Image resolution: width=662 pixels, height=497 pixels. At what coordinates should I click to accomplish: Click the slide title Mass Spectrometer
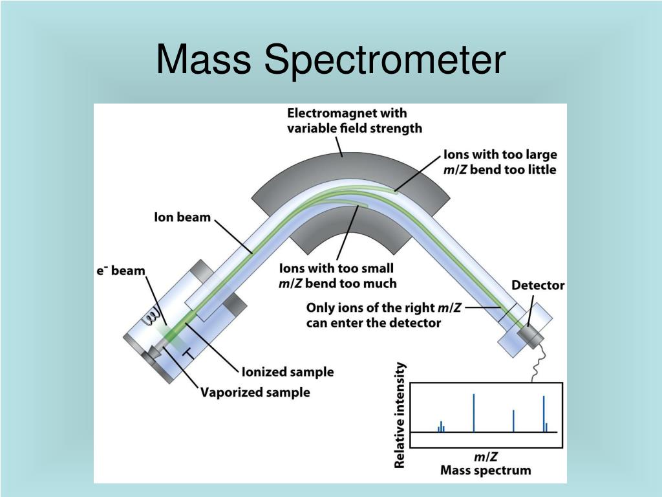(x=330, y=60)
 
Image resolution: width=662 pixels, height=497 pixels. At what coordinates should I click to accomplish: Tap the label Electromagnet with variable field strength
(x=354, y=121)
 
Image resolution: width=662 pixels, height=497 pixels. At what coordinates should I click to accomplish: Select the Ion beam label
(x=182, y=217)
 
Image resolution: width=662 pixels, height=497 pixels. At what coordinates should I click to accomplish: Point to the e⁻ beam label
(x=121, y=271)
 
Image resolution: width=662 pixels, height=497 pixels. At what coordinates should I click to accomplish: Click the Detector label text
(x=538, y=285)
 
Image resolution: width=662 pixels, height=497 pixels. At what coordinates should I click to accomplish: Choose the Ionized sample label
(x=287, y=372)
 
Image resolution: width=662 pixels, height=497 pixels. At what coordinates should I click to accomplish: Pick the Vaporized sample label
(x=255, y=392)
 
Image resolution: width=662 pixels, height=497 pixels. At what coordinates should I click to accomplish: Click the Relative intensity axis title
(x=400, y=415)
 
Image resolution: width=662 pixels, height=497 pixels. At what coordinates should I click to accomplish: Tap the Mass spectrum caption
(x=485, y=470)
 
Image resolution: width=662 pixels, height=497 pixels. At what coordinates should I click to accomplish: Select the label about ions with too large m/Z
(x=500, y=162)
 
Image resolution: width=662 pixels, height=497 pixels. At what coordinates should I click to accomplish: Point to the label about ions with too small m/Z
(x=337, y=276)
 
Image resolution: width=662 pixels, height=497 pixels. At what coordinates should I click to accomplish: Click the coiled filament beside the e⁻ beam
(x=153, y=316)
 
